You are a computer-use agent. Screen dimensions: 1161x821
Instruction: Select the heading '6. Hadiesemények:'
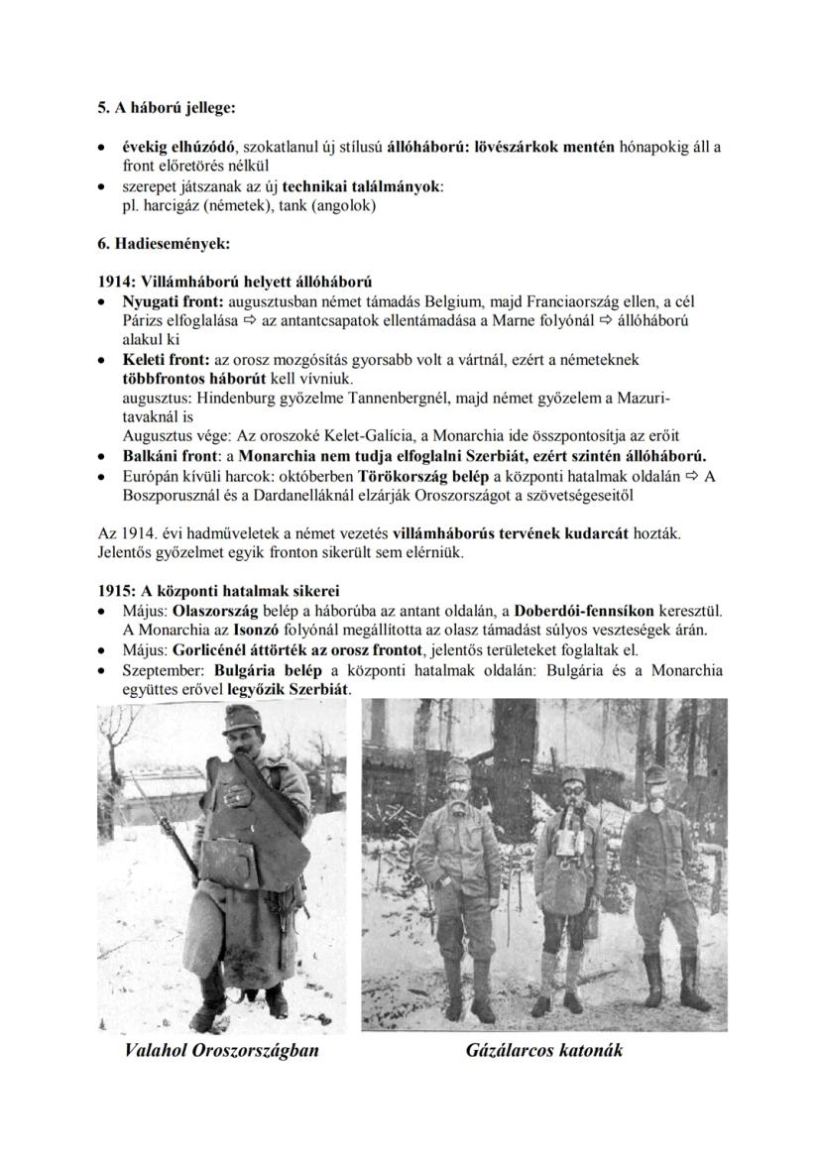pos(162,243)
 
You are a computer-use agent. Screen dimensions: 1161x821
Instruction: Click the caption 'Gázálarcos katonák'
pos(544,1050)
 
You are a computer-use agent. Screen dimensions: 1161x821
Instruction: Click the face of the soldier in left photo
pos(238,737)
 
